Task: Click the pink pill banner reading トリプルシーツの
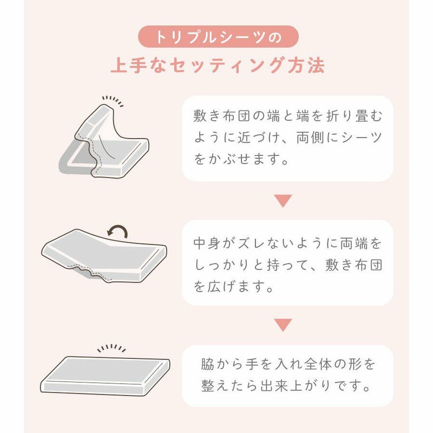pyautogui.click(x=218, y=37)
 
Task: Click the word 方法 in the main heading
pyautogui.click(x=306, y=65)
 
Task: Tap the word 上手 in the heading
pyautogui.click(x=129, y=65)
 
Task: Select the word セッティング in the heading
pyautogui.click(x=226, y=65)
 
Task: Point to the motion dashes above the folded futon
pyautogui.click(x=113, y=101)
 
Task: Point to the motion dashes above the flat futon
pyautogui.click(x=111, y=348)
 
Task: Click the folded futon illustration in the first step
pyautogui.click(x=104, y=141)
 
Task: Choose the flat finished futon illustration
pyautogui.click(x=105, y=376)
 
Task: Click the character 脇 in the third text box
pyautogui.click(x=208, y=364)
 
